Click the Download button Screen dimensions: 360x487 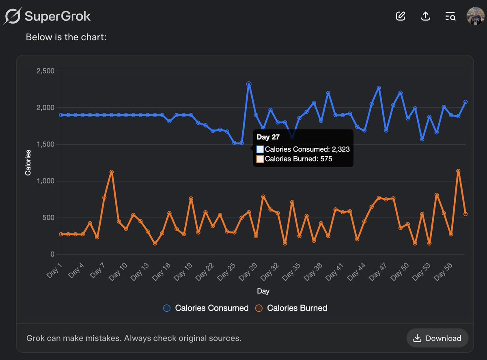[x=437, y=338]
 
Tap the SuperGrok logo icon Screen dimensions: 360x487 [x=12, y=17]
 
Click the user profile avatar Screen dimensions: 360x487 [x=475, y=16]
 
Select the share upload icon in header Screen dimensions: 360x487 [x=425, y=16]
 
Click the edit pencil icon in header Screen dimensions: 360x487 [x=401, y=16]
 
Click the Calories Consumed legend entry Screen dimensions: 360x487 [x=206, y=308]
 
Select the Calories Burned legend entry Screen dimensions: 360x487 [x=291, y=308]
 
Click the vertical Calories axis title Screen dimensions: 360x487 [x=28, y=163]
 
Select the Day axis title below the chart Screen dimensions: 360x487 [x=263, y=291]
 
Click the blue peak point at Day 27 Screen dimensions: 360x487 [x=249, y=84]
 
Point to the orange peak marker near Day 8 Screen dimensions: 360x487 [x=112, y=172]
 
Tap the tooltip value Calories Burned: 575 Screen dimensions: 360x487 [x=299, y=159]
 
